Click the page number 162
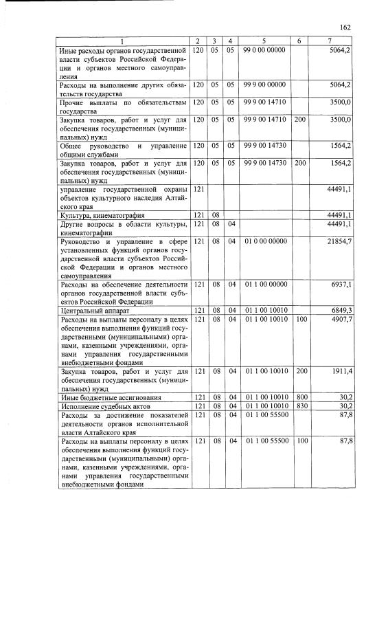(345, 27)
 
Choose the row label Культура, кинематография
(103, 215)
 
